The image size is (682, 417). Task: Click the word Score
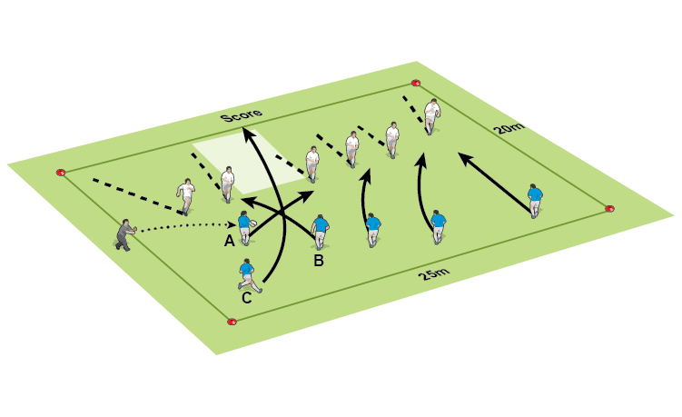pyautogui.click(x=242, y=115)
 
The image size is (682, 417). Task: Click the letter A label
pyautogui.click(x=230, y=241)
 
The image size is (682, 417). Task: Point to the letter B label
pyautogui.click(x=318, y=262)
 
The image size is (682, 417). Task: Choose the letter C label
pyautogui.click(x=247, y=296)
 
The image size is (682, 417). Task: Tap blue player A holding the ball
pyautogui.click(x=244, y=228)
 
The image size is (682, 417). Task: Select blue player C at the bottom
pyautogui.click(x=247, y=275)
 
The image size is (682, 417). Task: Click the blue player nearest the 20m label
pyautogui.click(x=535, y=202)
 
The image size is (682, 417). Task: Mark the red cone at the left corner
pyautogui.click(x=61, y=172)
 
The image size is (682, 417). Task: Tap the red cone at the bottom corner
pyautogui.click(x=232, y=321)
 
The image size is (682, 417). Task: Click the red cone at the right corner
pyautogui.click(x=609, y=208)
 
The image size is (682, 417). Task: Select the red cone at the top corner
pyautogui.click(x=416, y=83)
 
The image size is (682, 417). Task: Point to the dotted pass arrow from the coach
pyautogui.click(x=182, y=225)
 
